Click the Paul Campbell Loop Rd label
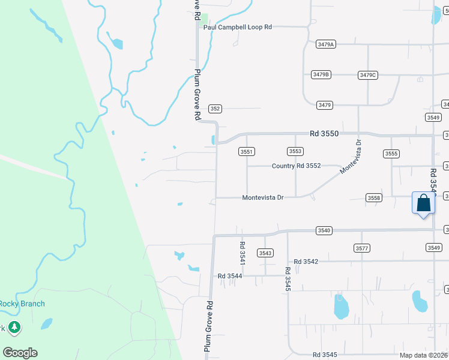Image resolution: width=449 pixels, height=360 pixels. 238,27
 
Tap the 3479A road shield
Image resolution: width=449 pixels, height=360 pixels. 325,44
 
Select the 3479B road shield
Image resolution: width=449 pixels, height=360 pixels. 321,74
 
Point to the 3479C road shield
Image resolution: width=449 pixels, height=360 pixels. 367,75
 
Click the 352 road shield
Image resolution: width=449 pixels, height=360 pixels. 215,109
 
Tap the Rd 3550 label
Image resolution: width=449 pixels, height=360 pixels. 325,134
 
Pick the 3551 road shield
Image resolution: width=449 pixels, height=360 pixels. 247,152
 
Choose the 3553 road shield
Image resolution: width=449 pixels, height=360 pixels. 295,152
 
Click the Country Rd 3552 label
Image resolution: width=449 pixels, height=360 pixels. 297,166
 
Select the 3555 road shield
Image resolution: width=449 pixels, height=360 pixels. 391,154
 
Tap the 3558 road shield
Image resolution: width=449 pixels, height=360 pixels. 374,198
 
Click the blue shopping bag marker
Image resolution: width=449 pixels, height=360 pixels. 423,203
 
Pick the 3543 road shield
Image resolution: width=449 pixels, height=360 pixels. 265,253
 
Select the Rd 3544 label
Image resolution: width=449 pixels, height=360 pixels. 230,276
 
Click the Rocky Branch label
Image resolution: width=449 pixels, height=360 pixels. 22,304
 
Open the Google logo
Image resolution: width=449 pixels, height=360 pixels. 20,353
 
